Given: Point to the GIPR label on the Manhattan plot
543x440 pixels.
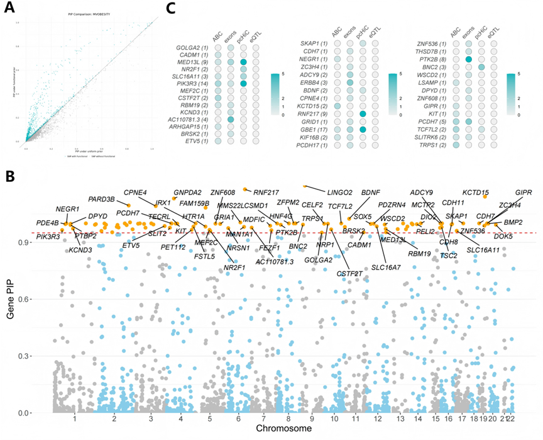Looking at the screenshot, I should coord(524,191).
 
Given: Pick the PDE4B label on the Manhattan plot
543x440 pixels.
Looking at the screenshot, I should coord(48,223).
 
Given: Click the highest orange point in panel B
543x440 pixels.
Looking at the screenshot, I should coord(305,186).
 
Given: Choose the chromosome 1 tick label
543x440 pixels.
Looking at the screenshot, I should coord(74,417).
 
